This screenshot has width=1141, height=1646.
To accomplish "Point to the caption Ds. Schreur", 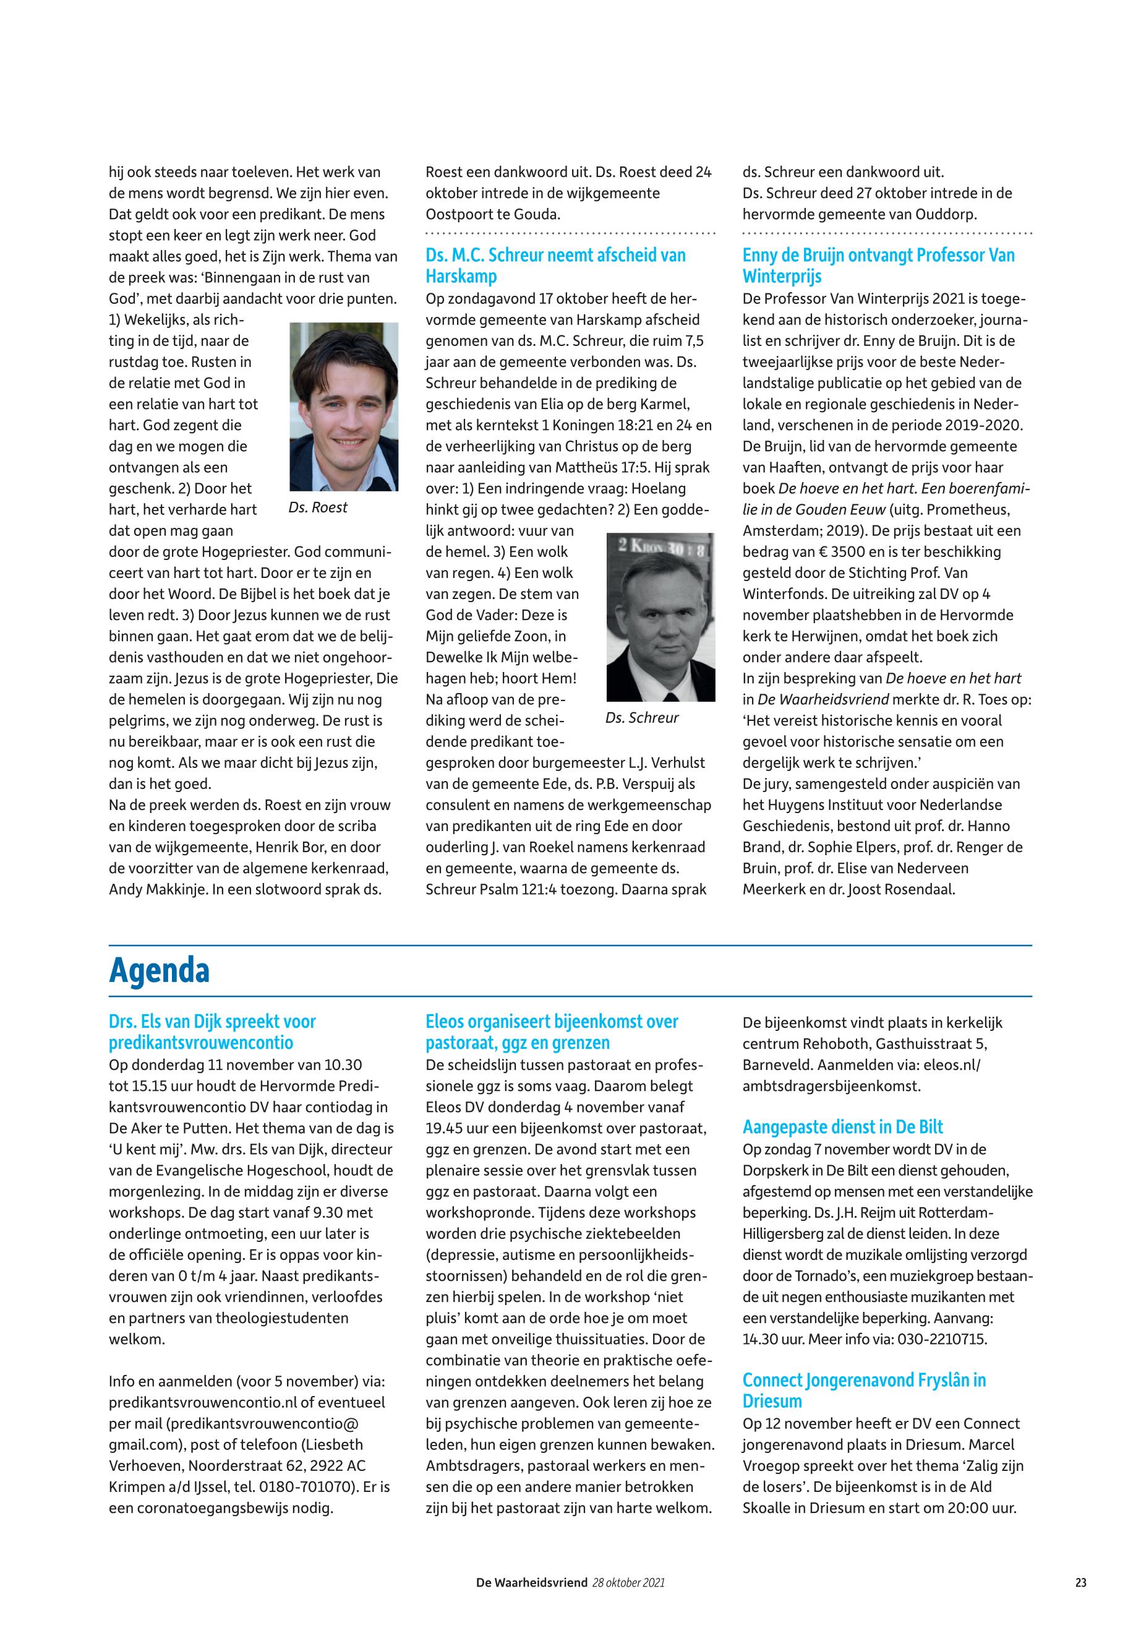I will tap(642, 718).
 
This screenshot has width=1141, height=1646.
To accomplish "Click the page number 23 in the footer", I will tap(1080, 1583).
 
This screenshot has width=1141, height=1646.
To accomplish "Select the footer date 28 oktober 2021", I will tap(628, 1583).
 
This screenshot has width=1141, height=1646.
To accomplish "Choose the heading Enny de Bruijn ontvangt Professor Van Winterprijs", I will tap(879, 265).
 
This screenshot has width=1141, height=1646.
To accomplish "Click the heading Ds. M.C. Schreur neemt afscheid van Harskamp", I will tap(555, 265).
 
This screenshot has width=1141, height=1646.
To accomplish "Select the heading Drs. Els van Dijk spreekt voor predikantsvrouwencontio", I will tap(212, 1032).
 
